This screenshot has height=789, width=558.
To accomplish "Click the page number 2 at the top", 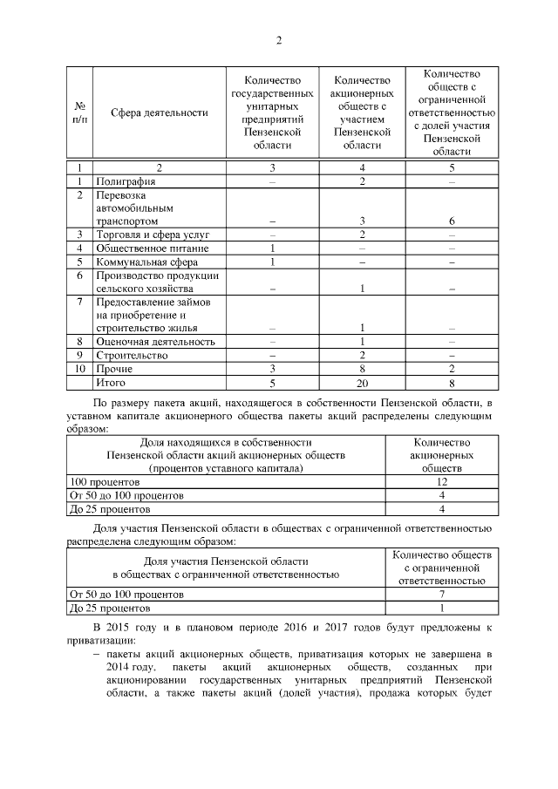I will tap(279, 40).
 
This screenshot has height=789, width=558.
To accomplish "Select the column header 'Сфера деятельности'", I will tap(160, 112).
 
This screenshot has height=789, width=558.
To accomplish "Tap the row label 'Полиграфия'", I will tap(126, 181).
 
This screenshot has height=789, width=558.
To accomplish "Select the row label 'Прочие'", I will tap(114, 369).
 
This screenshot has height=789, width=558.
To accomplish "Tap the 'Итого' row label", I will tap(112, 382).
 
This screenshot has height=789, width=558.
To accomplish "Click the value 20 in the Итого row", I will tap(361, 382).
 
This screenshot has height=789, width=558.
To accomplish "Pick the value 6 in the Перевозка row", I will tap(452, 221).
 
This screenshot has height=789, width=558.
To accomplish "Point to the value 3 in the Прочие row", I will tap(273, 369).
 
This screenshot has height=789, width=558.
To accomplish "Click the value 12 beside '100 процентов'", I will tap(442, 482).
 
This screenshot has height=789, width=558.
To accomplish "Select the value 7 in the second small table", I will tap(442, 595).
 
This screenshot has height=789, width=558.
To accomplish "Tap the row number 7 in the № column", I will tap(79, 302).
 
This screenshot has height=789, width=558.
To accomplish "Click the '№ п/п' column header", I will tap(79, 112).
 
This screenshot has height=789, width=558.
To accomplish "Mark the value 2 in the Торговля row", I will tap(361, 235).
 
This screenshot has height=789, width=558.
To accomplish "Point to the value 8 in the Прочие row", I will tap(361, 369).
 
